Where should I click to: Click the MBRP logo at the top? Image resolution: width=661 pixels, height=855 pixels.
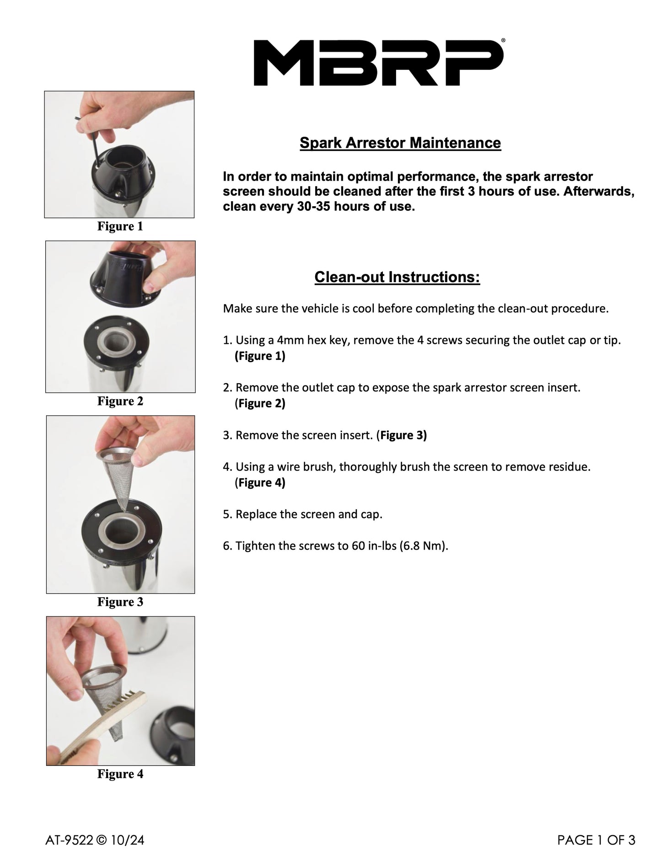[379, 63]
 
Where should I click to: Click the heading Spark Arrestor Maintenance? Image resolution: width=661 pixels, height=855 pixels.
[400, 143]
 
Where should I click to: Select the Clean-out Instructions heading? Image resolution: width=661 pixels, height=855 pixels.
[397, 277]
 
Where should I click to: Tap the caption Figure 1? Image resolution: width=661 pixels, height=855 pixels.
[120, 226]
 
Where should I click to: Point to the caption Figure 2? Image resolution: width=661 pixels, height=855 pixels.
[120, 401]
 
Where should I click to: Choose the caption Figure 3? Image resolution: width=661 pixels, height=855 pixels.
[120, 602]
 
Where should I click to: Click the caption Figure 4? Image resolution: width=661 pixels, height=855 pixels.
[120, 774]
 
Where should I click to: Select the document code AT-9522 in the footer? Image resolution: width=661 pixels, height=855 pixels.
[69, 840]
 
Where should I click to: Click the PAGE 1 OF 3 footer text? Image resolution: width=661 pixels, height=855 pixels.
[597, 840]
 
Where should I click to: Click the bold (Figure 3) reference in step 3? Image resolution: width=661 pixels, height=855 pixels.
[402, 435]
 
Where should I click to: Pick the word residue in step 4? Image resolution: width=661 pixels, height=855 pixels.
[570, 467]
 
